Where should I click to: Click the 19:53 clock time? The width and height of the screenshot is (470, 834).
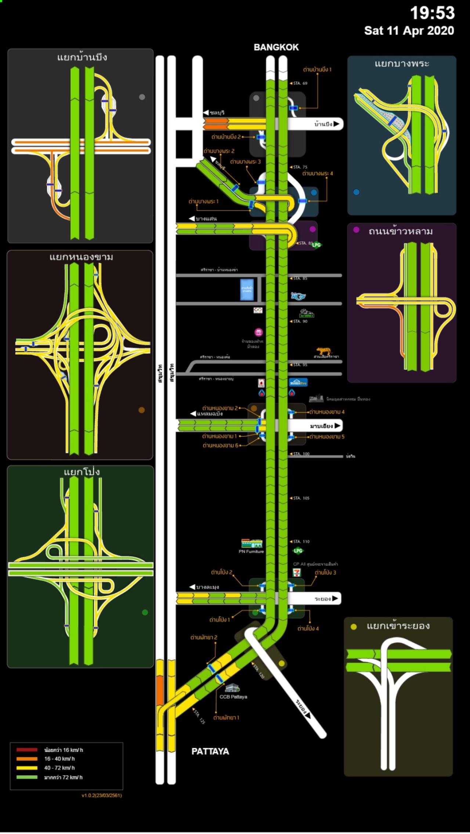432,13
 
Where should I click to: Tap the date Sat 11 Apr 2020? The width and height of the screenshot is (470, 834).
409,31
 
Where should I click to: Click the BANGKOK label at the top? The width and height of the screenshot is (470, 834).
276,47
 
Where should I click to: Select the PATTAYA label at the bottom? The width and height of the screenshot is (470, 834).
210,751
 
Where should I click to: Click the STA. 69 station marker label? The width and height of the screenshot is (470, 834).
300,84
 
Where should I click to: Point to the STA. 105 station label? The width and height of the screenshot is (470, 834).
301,498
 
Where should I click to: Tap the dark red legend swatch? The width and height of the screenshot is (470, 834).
27,750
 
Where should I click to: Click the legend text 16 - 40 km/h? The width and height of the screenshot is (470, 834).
59,758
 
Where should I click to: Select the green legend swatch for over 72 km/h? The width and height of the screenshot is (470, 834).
27,777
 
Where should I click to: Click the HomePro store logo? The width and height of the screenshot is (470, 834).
298,383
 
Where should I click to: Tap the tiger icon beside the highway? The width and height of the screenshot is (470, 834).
324,351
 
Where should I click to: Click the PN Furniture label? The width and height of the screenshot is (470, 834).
251,552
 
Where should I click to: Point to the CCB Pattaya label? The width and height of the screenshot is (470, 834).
233,697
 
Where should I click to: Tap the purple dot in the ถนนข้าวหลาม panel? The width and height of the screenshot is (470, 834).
356,230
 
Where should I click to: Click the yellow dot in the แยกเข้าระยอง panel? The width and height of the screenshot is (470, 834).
354,627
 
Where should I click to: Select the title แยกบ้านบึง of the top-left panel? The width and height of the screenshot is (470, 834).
82,57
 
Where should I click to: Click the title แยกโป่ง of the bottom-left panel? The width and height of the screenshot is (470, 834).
82,472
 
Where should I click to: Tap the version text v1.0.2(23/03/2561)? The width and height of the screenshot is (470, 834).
102,795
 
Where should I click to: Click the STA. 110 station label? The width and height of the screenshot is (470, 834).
301,541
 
